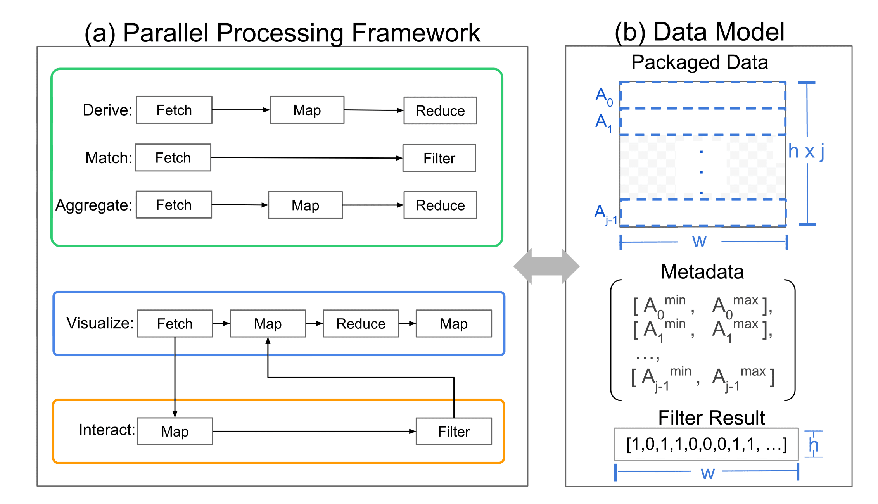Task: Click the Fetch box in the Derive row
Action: tap(174, 110)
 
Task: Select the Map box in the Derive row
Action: tap(307, 110)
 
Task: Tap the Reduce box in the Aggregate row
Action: tap(440, 205)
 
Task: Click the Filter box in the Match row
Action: tap(439, 158)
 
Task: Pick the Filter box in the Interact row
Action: tap(454, 432)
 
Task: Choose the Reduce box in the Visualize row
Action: tap(361, 324)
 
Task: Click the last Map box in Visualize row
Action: tap(454, 324)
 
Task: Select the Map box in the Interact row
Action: tap(175, 432)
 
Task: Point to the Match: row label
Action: tap(109, 158)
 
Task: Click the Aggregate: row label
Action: tap(94, 205)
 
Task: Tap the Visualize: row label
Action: tap(100, 323)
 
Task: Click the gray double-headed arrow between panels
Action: tap(546, 266)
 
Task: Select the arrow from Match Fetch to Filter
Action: tap(306, 158)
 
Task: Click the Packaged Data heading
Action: tap(700, 62)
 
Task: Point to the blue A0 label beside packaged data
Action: tap(604, 96)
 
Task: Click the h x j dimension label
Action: tap(806, 151)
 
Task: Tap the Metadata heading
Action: tap(702, 271)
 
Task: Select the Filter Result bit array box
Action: tap(706, 444)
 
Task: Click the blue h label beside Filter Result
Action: tap(813, 445)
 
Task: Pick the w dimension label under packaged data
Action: tap(699, 241)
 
